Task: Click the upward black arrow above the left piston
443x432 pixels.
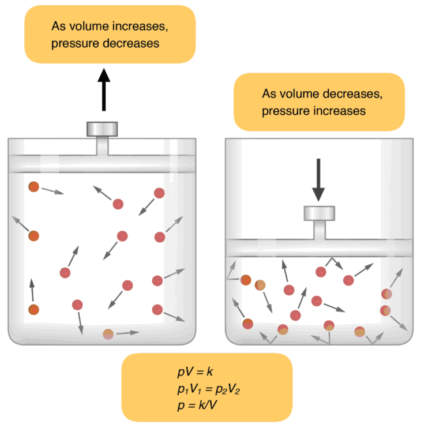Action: [104, 89]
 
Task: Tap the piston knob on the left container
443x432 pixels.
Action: [103, 129]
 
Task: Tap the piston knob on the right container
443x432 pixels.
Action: [320, 213]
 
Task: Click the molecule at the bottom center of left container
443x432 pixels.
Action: [108, 333]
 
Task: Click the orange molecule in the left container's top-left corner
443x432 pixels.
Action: [33, 187]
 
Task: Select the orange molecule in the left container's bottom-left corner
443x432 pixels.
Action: [33, 310]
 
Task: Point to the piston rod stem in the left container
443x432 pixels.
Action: [103, 145]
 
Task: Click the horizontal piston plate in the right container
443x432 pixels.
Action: [320, 247]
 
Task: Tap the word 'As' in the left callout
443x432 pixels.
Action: [58, 26]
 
